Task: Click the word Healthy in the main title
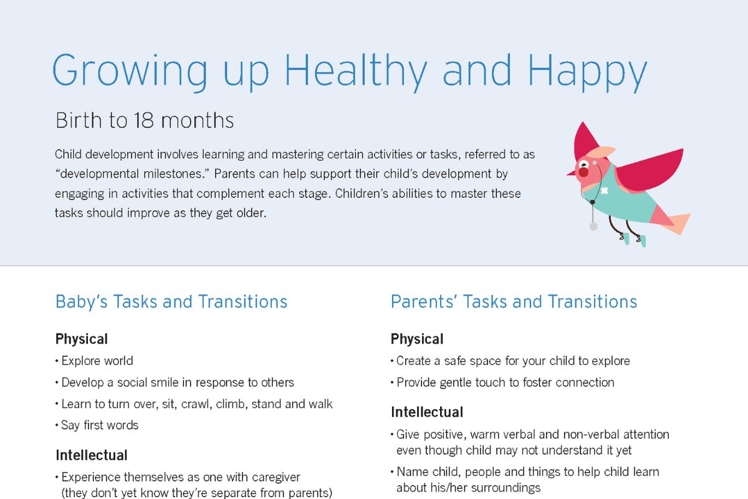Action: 355,72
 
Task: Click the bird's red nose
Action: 583,172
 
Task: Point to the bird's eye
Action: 583,165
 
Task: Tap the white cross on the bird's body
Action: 604,191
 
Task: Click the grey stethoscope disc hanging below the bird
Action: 593,226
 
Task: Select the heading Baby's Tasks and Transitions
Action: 171,301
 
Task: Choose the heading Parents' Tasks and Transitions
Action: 514,301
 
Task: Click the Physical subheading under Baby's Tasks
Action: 82,339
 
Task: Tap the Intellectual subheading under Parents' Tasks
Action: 427,412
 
